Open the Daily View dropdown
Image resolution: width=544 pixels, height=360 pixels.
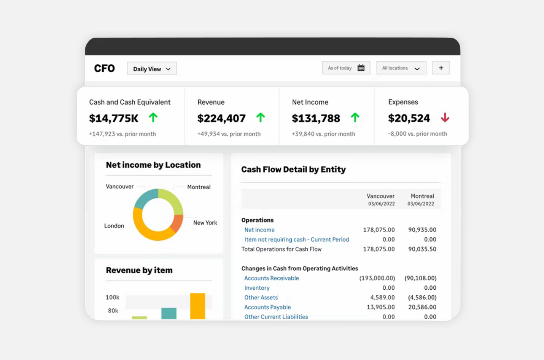click(x=152, y=69)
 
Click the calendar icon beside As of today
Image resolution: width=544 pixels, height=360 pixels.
click(x=361, y=68)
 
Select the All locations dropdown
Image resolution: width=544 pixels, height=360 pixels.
click(x=401, y=68)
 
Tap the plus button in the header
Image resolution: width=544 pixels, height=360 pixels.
click(x=441, y=68)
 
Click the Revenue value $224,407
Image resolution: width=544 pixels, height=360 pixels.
click(x=221, y=119)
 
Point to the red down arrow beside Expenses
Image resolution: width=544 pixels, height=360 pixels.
click(x=445, y=118)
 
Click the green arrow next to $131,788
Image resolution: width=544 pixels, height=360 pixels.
click(x=355, y=118)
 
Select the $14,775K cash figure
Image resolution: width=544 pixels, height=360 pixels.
click(x=114, y=119)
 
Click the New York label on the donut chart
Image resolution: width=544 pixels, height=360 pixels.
click(x=205, y=223)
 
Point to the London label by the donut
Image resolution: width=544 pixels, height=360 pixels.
click(x=114, y=226)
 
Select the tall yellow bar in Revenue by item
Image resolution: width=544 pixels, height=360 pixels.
click(x=197, y=306)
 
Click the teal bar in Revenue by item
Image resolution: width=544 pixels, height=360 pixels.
click(x=169, y=313)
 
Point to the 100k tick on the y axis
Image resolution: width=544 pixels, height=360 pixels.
click(x=112, y=297)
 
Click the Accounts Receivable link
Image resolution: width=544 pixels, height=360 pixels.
click(x=272, y=278)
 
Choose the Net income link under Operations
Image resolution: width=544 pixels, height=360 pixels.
click(x=259, y=230)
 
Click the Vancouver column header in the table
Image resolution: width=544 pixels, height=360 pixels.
click(x=380, y=196)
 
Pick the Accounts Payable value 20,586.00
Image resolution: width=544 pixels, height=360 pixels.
click(x=422, y=307)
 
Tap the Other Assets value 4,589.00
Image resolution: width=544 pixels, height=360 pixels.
click(x=382, y=298)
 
